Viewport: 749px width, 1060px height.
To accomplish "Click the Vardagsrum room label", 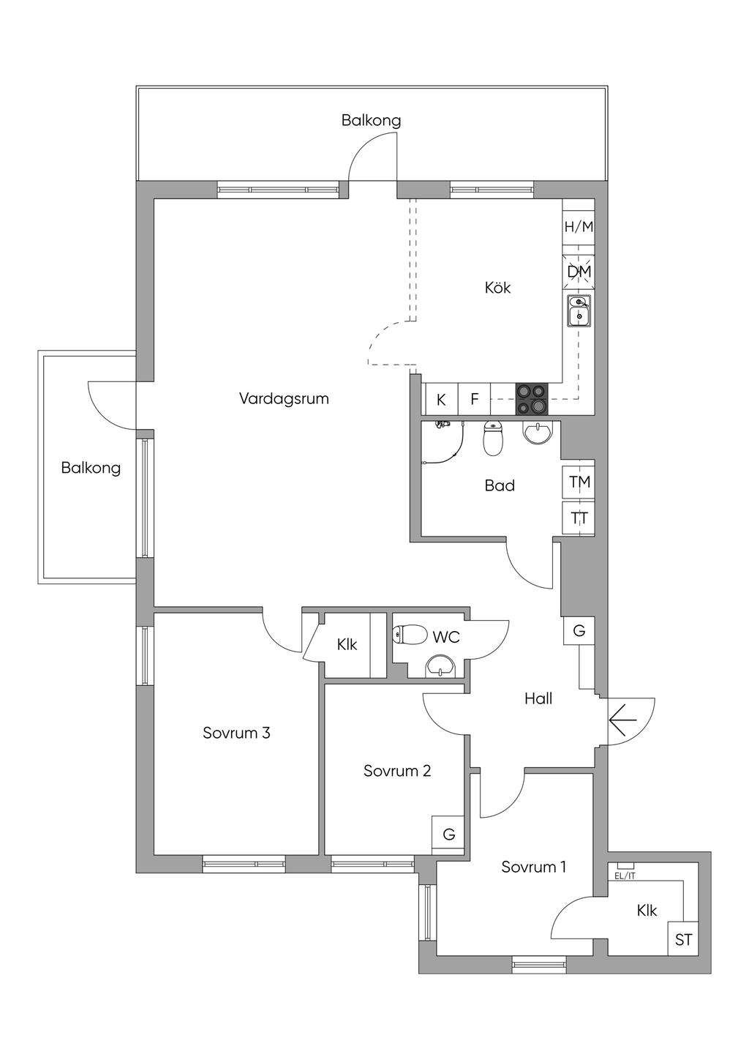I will point(284,399).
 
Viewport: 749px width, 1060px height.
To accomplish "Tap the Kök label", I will point(497,288).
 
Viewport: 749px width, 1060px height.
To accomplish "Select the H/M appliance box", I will point(579,227).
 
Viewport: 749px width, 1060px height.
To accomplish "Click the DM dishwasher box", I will point(579,272).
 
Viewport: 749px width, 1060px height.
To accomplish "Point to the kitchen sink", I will point(579,310).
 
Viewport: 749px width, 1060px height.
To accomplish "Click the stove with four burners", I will point(532,399).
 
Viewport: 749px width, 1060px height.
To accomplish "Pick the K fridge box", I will point(441,400).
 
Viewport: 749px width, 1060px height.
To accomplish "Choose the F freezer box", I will point(474,400).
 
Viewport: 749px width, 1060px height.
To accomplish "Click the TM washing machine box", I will point(579,482).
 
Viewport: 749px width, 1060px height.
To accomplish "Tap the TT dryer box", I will point(579,518).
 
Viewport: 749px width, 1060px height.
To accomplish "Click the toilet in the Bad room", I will point(494,438).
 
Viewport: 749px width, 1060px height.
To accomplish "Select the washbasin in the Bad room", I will point(540,433).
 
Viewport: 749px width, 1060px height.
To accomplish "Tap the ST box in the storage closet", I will point(683,940).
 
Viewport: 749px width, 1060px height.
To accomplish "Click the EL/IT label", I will point(625,875).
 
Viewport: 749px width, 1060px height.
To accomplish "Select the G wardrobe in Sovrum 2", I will point(448,834).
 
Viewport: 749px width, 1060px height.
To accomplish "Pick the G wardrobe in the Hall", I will point(579,630).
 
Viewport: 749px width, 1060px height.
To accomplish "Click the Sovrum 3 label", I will point(236,733).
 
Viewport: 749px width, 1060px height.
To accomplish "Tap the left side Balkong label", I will point(91,468).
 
